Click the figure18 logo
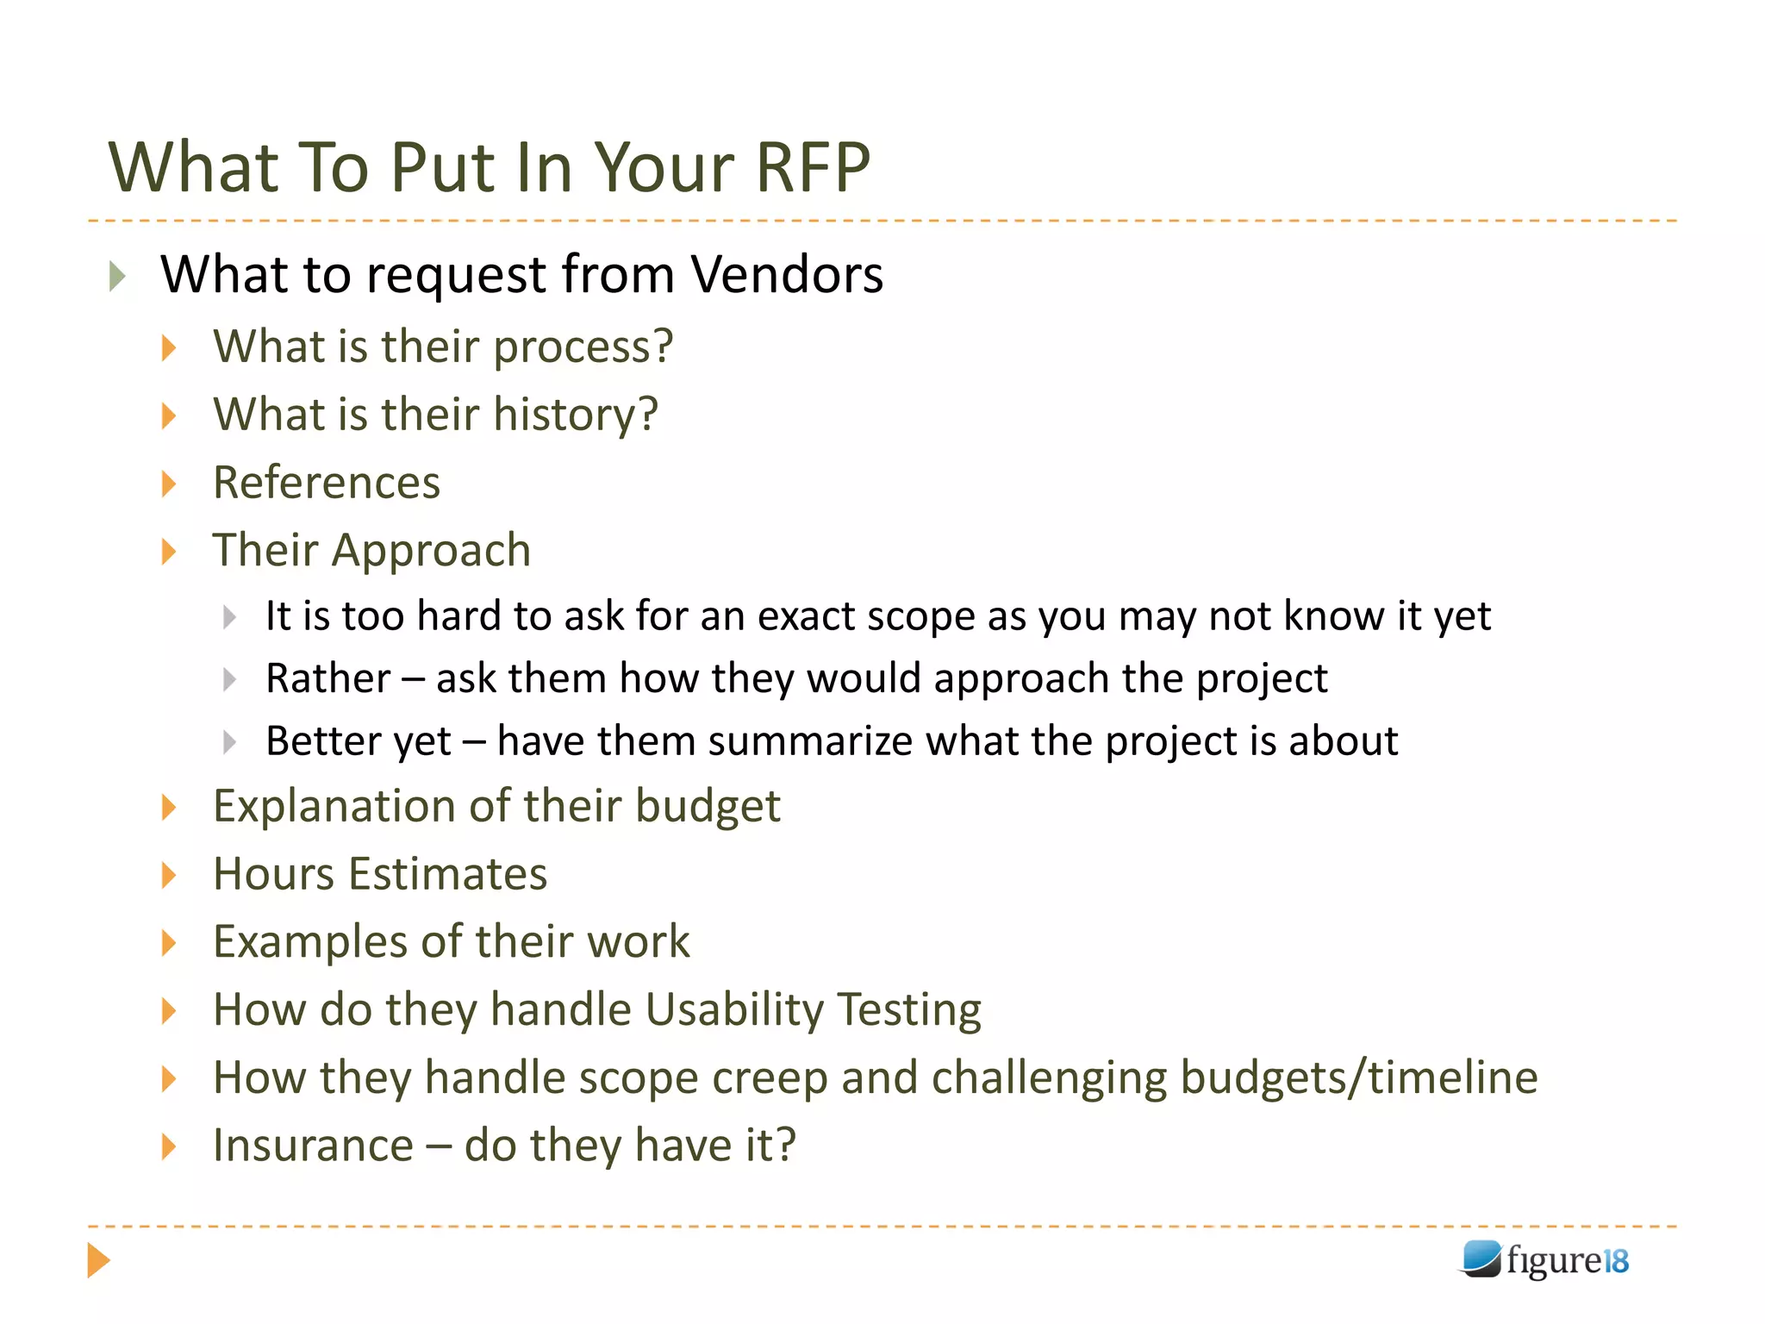[x=1544, y=1260]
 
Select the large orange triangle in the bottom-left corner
[x=98, y=1260]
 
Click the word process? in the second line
[x=583, y=347]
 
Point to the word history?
[x=576, y=415]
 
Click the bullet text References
[x=327, y=482]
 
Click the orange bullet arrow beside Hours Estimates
[x=169, y=876]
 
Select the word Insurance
[x=314, y=1146]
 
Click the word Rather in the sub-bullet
[x=327, y=678]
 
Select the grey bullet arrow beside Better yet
[x=229, y=742]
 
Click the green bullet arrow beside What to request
[x=118, y=277]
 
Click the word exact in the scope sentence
[x=806, y=616]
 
